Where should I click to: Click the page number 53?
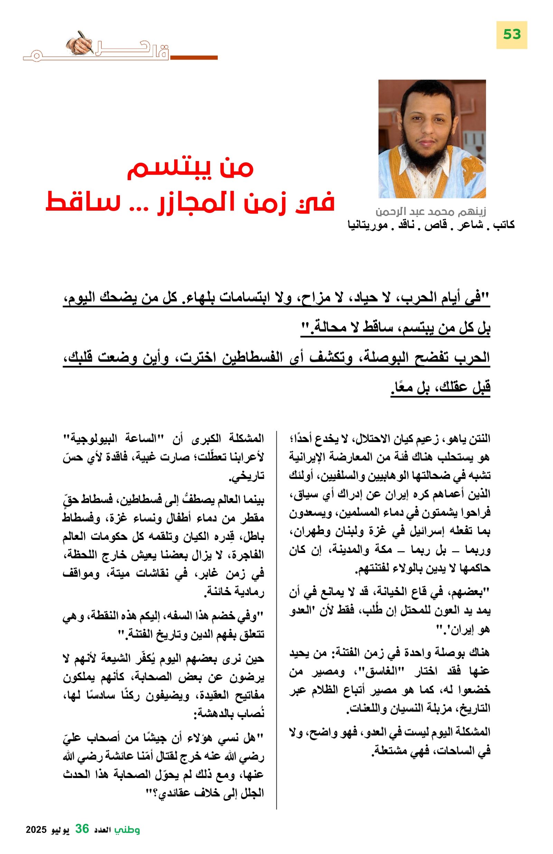click(x=512, y=35)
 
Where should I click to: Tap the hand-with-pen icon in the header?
click(x=81, y=44)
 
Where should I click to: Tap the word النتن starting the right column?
click(x=479, y=439)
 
